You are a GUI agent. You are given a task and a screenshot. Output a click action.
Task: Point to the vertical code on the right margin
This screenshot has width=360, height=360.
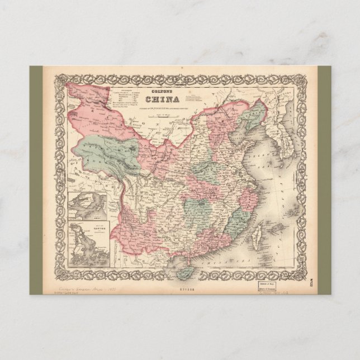point(325,285)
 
